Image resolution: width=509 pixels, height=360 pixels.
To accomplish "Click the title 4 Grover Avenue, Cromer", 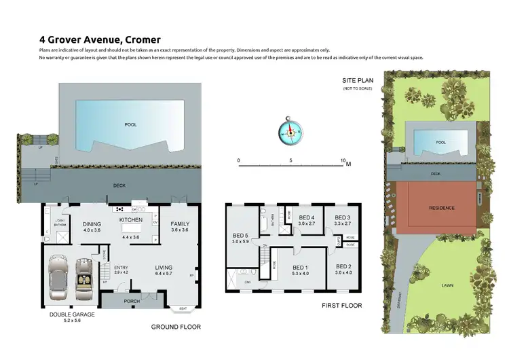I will (x=100, y=40).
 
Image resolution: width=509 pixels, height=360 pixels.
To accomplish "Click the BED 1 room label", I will (x=300, y=268).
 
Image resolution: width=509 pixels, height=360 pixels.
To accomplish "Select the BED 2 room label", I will (x=344, y=268).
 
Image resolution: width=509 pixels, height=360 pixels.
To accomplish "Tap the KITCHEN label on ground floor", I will (x=130, y=221).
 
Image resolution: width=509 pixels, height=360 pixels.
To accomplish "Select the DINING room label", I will (x=92, y=224).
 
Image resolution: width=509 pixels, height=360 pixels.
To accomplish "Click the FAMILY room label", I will (x=180, y=223).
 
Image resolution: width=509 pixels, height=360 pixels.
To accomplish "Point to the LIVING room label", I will (x=164, y=268).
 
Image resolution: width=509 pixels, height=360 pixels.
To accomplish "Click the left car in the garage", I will (x=58, y=274).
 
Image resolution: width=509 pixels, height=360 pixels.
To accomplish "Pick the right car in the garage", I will (x=85, y=274).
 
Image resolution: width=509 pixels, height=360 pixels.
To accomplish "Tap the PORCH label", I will (x=132, y=302).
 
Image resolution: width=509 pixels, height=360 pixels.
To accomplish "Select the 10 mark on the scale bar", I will (x=343, y=161).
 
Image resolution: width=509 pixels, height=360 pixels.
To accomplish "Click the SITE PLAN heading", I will (x=358, y=80).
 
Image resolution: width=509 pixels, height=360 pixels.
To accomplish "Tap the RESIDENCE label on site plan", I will (x=441, y=208).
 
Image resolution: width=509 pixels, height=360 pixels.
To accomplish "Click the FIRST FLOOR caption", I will (x=341, y=306).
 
